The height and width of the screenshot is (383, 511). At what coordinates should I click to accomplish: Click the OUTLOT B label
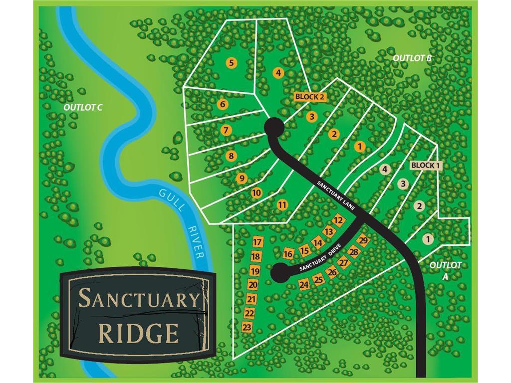[x=412, y=58]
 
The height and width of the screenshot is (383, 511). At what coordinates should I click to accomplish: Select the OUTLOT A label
[x=446, y=269]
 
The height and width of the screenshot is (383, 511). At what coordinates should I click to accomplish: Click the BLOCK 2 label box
[x=309, y=97]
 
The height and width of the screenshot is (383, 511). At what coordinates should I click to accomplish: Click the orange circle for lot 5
[x=231, y=63]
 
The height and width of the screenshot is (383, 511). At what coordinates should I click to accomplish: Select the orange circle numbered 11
[x=282, y=204]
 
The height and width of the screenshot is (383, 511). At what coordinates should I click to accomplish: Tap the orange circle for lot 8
[x=231, y=156]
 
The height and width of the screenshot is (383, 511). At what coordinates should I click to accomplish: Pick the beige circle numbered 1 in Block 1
[x=427, y=239]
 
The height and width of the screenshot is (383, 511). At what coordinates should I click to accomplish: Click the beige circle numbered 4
[x=384, y=169]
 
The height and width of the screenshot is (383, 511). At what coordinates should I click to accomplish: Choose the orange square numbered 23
[x=247, y=327]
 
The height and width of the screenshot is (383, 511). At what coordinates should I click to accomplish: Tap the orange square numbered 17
[x=257, y=242]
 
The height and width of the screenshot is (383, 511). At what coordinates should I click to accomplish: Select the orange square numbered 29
[x=363, y=241]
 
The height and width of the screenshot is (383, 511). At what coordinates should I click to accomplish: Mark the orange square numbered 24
[x=304, y=284]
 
